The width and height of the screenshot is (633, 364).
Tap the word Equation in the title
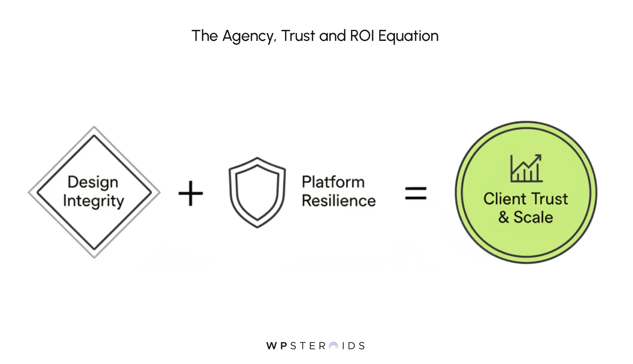(408, 36)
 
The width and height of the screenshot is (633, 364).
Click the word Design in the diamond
(93, 182)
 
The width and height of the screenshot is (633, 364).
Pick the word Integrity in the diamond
(93, 201)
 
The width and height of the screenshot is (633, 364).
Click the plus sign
(191, 193)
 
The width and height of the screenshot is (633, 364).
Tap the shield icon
(257, 192)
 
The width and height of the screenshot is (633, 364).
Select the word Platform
(333, 182)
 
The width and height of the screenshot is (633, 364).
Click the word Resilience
(338, 201)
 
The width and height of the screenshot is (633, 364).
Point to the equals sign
(416, 193)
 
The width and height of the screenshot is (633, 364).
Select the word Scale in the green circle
(533, 217)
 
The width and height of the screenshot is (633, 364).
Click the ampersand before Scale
(503, 217)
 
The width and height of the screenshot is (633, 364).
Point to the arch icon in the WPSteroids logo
(333, 346)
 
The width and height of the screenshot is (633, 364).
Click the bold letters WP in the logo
(277, 346)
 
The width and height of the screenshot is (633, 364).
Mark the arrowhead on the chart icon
(538, 157)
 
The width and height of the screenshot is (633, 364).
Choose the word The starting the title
(205, 36)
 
